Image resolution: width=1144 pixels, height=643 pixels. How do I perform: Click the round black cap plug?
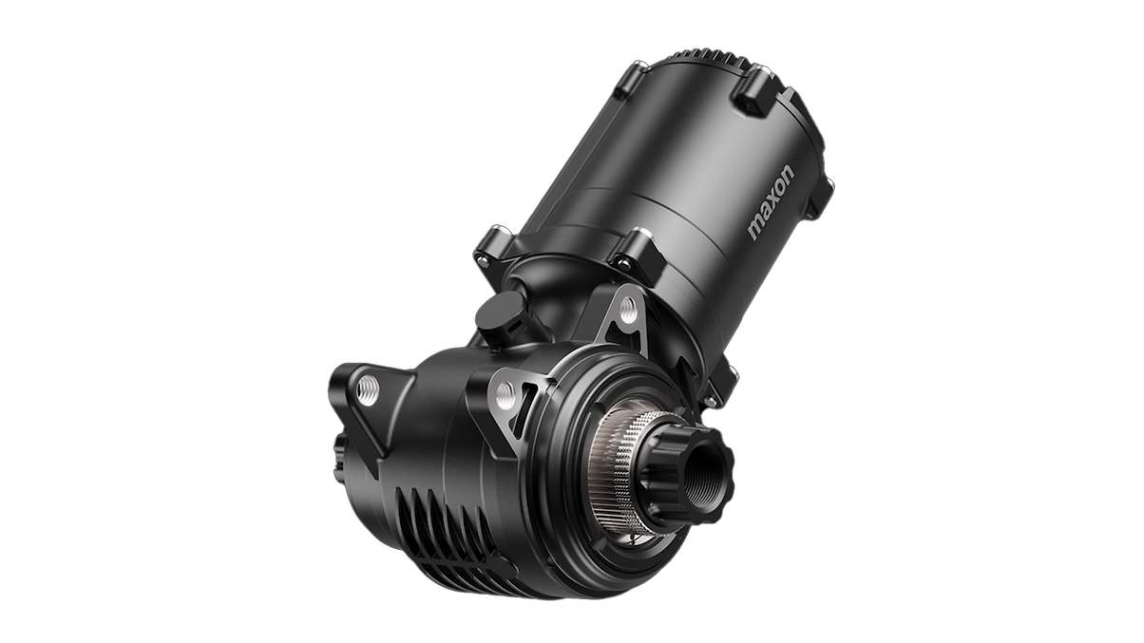499,312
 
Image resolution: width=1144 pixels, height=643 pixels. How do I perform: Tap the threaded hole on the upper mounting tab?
627,307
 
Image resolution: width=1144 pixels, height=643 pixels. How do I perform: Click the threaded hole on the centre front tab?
506,395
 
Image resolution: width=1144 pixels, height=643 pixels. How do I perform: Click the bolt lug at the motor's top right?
753,94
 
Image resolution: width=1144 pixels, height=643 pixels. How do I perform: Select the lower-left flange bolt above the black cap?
492,246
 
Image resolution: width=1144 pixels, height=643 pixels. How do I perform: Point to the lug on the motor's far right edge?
819,198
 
